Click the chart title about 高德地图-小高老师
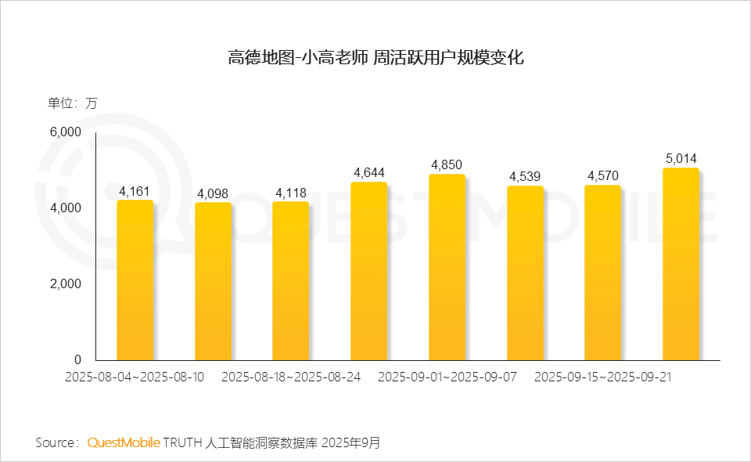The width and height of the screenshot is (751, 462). click(x=375, y=58)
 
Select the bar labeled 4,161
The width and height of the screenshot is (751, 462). click(x=135, y=280)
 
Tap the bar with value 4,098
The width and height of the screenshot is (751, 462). click(x=213, y=282)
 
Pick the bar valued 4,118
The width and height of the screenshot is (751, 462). click(x=290, y=281)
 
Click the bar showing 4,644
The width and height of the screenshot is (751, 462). click(x=368, y=271)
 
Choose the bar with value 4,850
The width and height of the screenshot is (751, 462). click(x=447, y=267)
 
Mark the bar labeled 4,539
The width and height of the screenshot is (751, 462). click(x=525, y=273)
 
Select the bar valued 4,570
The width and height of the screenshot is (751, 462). click(x=602, y=273)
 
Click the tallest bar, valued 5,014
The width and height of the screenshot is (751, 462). click(x=681, y=264)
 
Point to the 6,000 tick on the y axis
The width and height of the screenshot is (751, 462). click(x=66, y=132)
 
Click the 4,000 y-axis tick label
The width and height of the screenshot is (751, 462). click(x=66, y=208)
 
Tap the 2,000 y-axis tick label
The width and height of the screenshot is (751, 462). click(x=66, y=284)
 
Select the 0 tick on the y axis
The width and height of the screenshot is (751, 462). click(x=77, y=360)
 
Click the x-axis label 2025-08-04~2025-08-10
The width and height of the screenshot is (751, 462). click(x=135, y=377)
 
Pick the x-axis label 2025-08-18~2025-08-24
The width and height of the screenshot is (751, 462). click(x=291, y=377)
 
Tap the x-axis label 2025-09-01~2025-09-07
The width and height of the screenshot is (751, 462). click(x=447, y=377)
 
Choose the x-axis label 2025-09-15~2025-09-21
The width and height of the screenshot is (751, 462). click(x=603, y=377)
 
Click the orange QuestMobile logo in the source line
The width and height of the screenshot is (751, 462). click(x=124, y=442)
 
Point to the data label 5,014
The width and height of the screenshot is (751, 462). click(x=681, y=158)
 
